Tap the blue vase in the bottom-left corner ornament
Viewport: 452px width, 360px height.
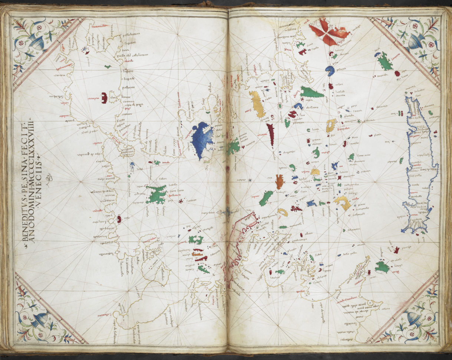[39, 319]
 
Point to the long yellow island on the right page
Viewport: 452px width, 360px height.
[257, 104]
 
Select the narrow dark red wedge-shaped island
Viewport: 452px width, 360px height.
[271, 134]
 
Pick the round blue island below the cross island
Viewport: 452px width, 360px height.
[330, 70]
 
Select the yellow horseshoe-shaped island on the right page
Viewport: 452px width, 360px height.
[343, 202]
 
